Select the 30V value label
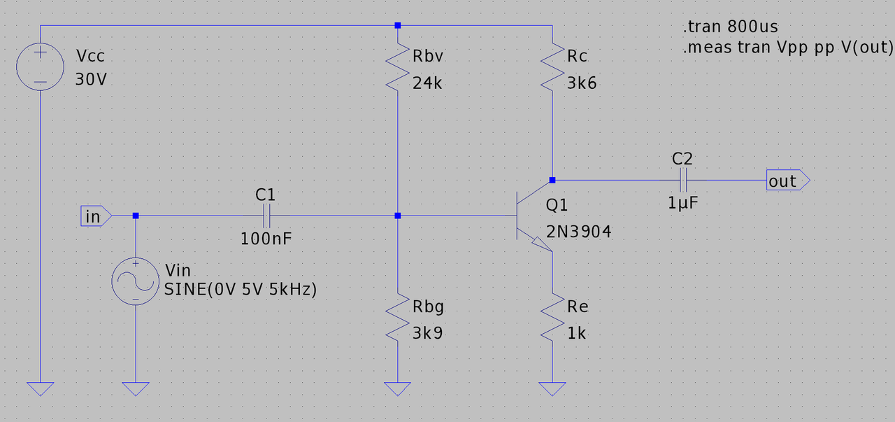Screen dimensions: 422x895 coord(91,79)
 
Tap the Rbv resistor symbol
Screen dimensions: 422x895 coord(397,68)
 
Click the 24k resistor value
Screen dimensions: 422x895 coord(427,83)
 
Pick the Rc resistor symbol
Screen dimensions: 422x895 coord(552,68)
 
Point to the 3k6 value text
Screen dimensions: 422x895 coord(582,83)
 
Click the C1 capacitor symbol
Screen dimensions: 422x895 coord(266,216)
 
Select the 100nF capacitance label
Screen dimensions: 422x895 coord(266,238)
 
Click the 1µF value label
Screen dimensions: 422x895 coord(683,203)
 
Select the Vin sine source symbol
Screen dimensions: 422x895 coord(135,281)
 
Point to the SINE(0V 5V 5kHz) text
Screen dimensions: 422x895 coord(240,289)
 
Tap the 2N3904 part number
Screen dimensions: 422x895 coord(578,232)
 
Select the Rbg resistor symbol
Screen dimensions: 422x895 coord(397,318)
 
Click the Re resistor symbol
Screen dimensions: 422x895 coord(552,318)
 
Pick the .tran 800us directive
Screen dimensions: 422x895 coord(730,28)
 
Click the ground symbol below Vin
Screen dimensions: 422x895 coord(135,388)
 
